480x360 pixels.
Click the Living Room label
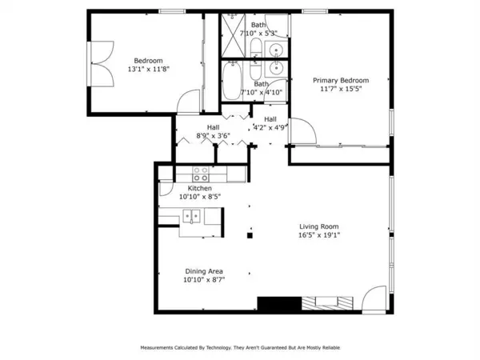(319, 226)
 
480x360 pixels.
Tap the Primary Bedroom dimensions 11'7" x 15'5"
(341, 90)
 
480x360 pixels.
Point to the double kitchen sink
(191, 215)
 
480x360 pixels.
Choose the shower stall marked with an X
(233, 30)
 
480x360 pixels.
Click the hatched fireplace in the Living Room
(323, 304)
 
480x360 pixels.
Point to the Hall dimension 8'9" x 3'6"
(214, 136)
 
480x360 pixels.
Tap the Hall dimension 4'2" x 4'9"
(270, 127)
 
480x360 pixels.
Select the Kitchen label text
(199, 188)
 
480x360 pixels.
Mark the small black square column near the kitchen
(250, 235)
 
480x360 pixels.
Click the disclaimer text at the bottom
(239, 348)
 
